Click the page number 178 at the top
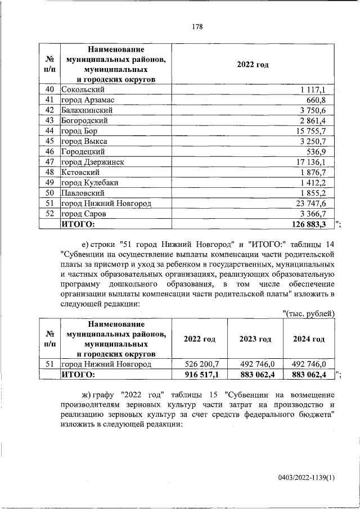(196, 27)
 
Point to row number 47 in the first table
(49, 162)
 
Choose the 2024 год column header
(309, 339)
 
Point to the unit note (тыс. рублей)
(308, 313)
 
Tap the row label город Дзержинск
(92, 162)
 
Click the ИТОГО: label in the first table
(78, 224)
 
